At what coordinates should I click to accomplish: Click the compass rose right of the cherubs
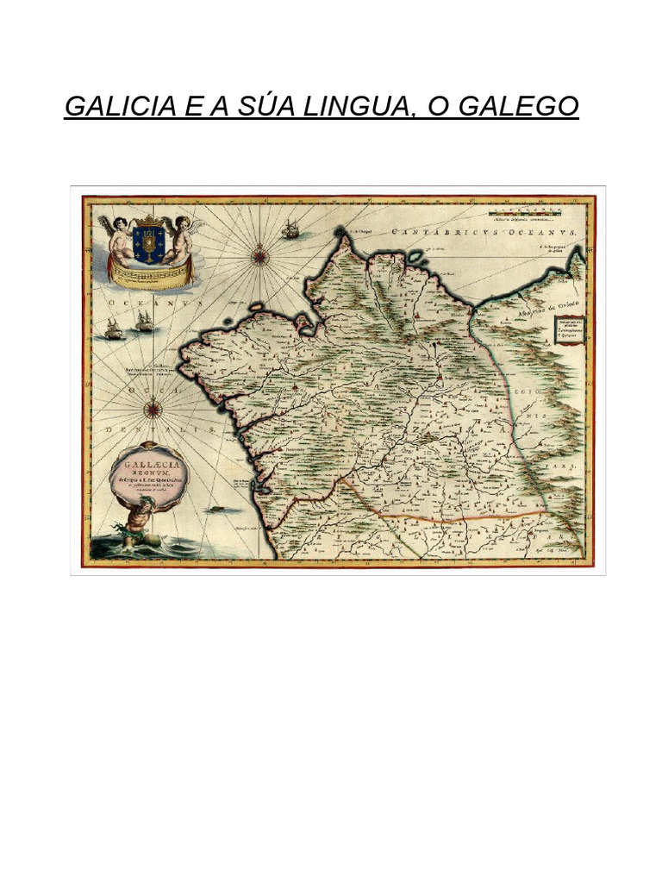click(260, 254)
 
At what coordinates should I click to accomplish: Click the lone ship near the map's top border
click(290, 229)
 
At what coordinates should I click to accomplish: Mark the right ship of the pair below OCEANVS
click(144, 322)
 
